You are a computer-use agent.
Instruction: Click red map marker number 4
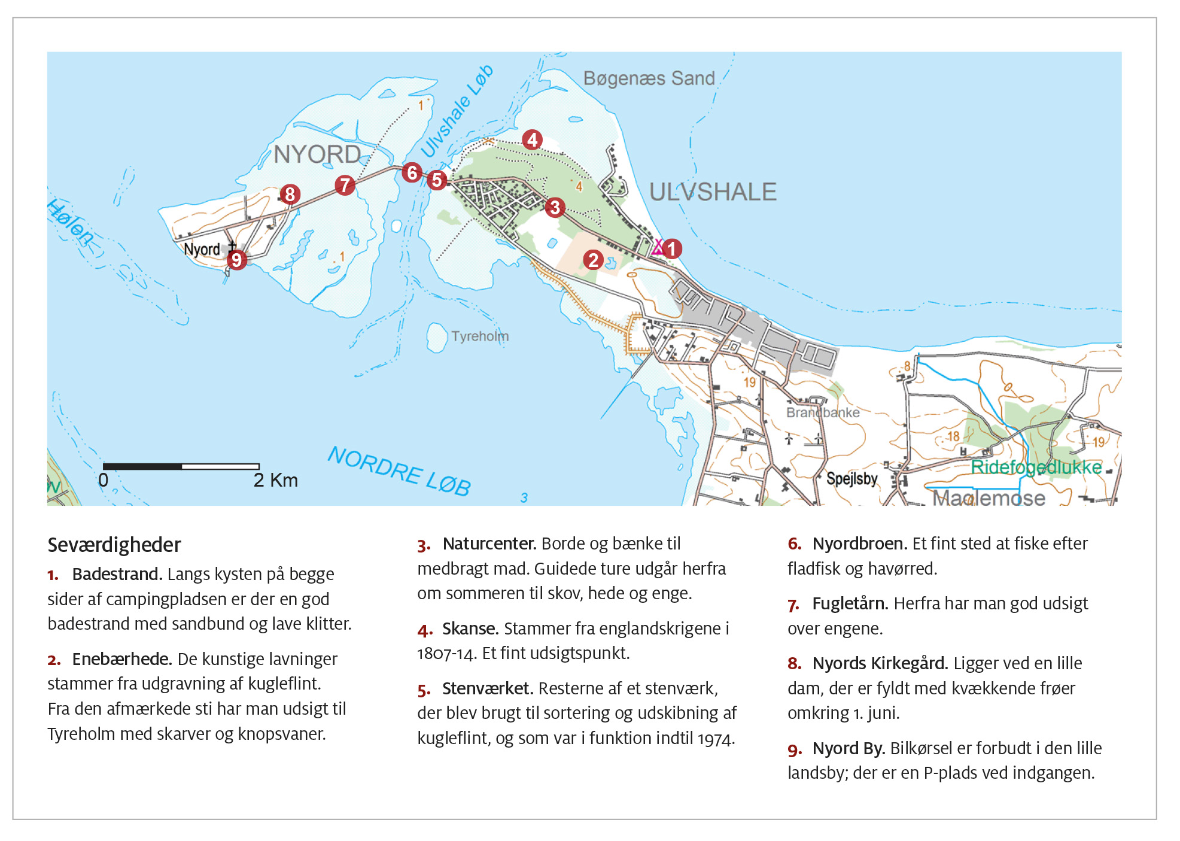(x=532, y=140)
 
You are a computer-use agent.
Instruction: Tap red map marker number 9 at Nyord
(x=236, y=260)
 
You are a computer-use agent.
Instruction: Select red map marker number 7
(x=345, y=185)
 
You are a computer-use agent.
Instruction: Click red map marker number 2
(x=593, y=260)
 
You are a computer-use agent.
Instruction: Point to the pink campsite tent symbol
(x=658, y=247)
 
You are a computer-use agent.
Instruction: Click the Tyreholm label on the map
(x=480, y=336)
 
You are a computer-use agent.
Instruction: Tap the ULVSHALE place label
(x=713, y=192)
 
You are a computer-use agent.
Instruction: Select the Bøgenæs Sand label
(x=649, y=78)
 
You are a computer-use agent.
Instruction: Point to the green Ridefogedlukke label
(x=1035, y=467)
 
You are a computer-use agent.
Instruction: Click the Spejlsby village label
(x=851, y=479)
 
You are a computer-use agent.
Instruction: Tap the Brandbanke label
(x=822, y=412)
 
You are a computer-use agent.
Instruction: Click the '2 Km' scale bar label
(x=275, y=480)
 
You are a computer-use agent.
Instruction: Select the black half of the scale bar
(x=142, y=466)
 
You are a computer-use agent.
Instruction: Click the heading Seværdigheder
(x=114, y=545)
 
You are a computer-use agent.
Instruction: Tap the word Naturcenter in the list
(x=489, y=544)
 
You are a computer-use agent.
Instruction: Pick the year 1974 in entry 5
(x=716, y=739)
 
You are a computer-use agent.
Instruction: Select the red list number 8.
(x=794, y=664)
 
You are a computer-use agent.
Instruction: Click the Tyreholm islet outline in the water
(x=437, y=337)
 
